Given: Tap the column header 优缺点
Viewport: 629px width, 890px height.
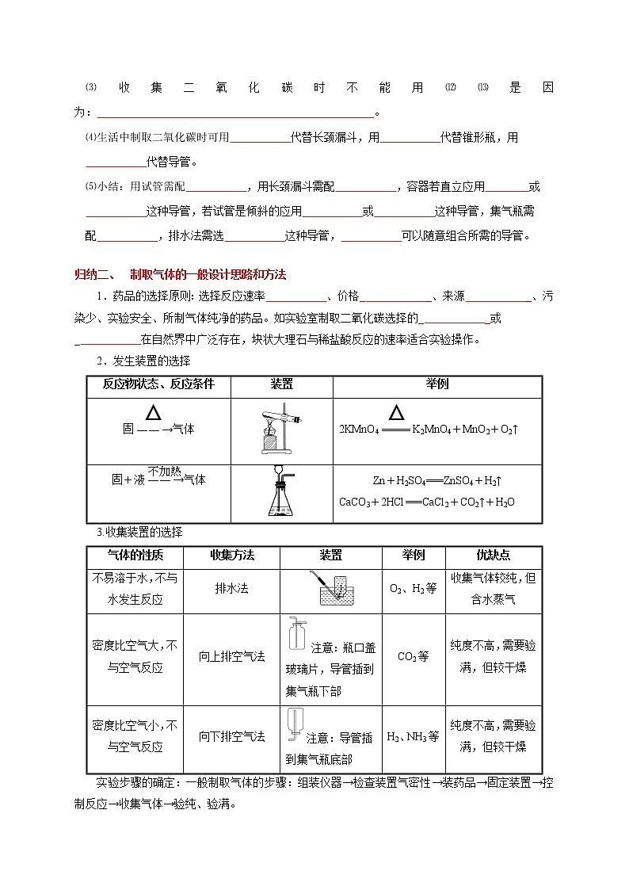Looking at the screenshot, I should tap(492, 556).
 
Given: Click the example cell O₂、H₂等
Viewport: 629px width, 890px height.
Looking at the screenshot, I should tap(413, 589).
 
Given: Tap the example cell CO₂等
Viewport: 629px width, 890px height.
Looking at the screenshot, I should tap(413, 656).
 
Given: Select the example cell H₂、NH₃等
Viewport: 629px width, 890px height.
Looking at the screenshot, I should tap(413, 736).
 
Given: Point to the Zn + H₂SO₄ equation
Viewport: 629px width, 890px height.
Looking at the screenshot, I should tap(438, 480).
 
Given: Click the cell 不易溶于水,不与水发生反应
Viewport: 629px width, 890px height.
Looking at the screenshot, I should tap(135, 589).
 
